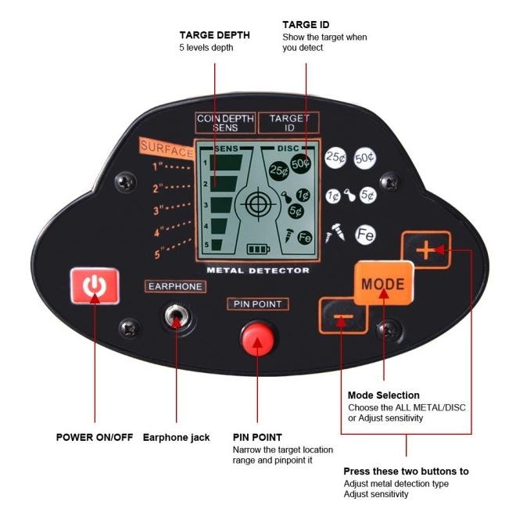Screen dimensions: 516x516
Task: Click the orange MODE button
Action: pyautogui.click(x=384, y=282)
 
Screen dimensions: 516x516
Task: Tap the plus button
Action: pyautogui.click(x=426, y=251)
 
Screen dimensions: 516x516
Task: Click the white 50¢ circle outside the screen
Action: pyautogui.click(x=364, y=158)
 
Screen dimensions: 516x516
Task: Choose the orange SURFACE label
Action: pyautogui.click(x=167, y=149)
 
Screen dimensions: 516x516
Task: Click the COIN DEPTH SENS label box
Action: pyautogui.click(x=225, y=123)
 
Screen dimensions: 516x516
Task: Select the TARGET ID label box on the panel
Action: pyautogui.click(x=288, y=123)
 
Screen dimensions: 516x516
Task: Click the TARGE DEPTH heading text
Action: pyautogui.click(x=215, y=35)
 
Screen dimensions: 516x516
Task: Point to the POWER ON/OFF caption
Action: pyautogui.click(x=95, y=437)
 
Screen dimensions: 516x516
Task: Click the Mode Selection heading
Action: pyautogui.click(x=383, y=395)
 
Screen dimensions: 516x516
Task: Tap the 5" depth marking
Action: pyautogui.click(x=159, y=253)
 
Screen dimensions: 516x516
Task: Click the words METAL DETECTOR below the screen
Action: pyautogui.click(x=257, y=271)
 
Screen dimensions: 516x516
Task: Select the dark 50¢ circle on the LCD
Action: pyautogui.click(x=301, y=163)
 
